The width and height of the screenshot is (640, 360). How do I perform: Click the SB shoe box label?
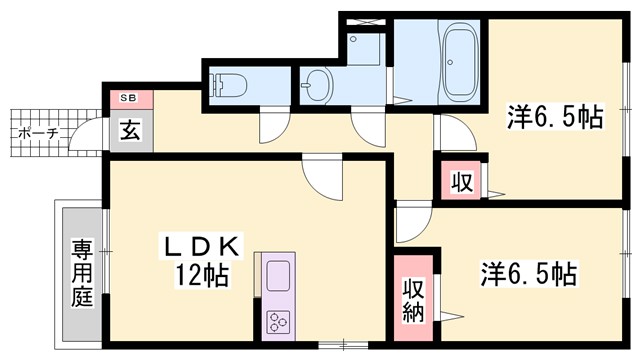(x=129, y=98)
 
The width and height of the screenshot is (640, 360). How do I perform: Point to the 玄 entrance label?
(x=130, y=129)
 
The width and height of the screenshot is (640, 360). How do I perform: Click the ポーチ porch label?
(x=39, y=132)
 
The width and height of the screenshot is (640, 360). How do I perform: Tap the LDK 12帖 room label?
(x=199, y=259)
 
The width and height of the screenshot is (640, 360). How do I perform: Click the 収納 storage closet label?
(x=413, y=300)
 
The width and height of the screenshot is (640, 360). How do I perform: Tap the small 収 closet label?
(x=460, y=183)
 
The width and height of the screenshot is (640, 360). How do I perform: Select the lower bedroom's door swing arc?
(x=410, y=226)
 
